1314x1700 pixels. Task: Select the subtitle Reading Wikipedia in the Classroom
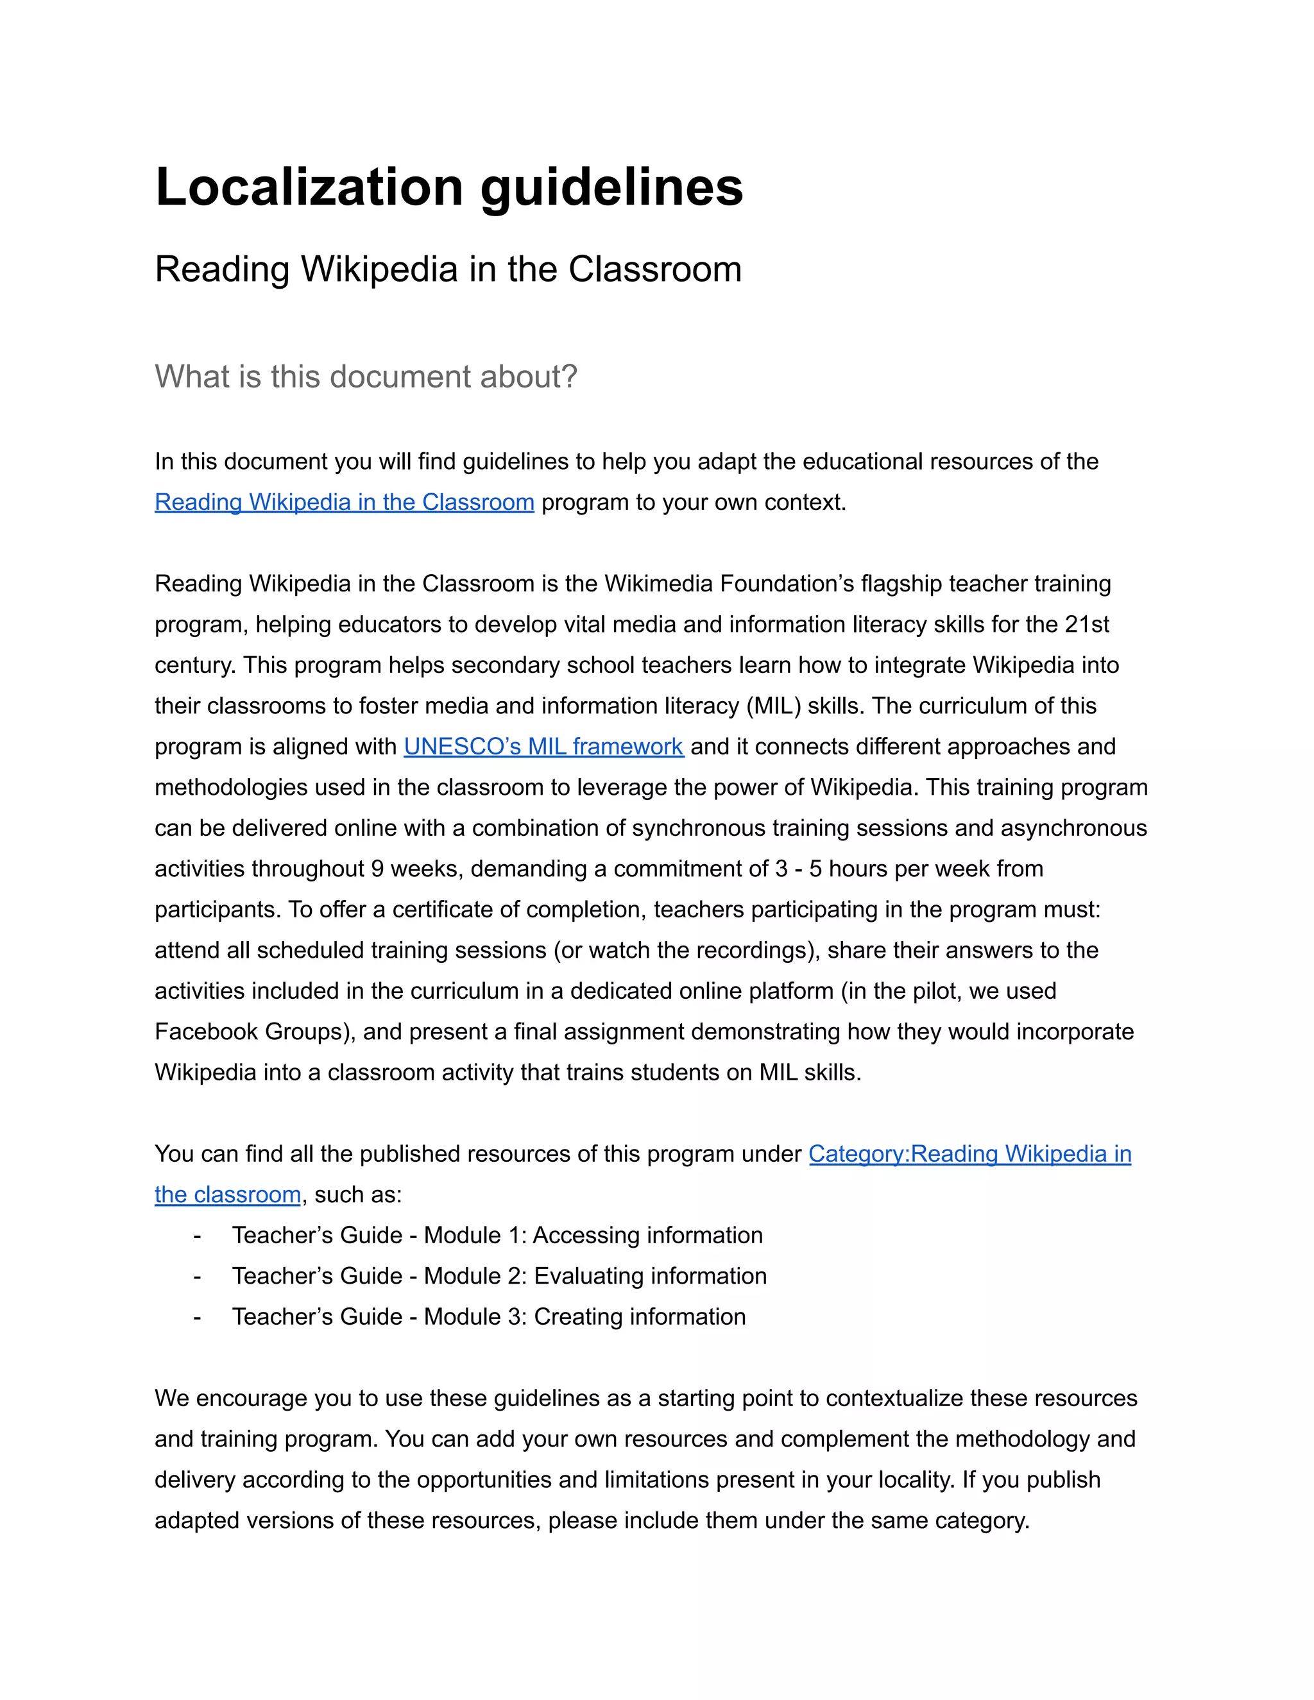tap(448, 269)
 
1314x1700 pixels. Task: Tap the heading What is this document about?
tap(366, 377)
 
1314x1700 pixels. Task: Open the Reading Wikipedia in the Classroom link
tap(344, 503)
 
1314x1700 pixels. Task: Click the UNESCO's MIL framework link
tap(543, 747)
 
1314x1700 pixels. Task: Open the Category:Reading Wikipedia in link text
tap(969, 1154)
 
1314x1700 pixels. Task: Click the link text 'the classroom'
tap(227, 1195)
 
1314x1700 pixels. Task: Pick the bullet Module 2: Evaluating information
tap(499, 1277)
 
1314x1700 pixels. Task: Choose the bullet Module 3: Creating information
tap(488, 1317)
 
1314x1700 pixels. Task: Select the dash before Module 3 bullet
tap(197, 1317)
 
